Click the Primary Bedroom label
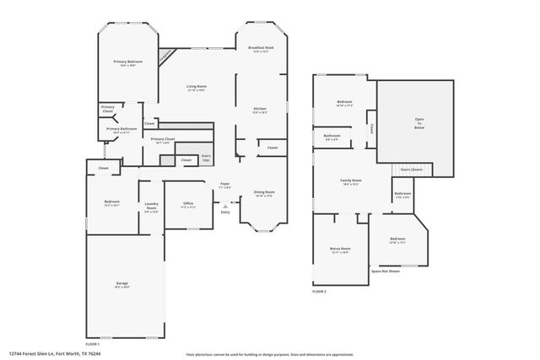pyautogui.click(x=128, y=62)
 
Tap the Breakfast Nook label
pyautogui.click(x=261, y=48)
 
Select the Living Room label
pyautogui.click(x=197, y=87)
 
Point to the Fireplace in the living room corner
pyautogui.click(x=168, y=53)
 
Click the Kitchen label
pyautogui.click(x=261, y=109)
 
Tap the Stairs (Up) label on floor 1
pyautogui.click(x=206, y=157)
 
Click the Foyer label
pyautogui.click(x=224, y=184)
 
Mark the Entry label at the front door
pyautogui.click(x=224, y=212)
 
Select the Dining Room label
pyautogui.click(x=264, y=193)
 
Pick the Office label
pyautogui.click(x=188, y=203)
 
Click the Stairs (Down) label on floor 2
pyautogui.click(x=411, y=169)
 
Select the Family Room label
pyautogui.click(x=351, y=181)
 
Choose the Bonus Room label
pyautogui.click(x=340, y=250)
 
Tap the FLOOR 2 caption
pyautogui.click(x=319, y=291)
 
